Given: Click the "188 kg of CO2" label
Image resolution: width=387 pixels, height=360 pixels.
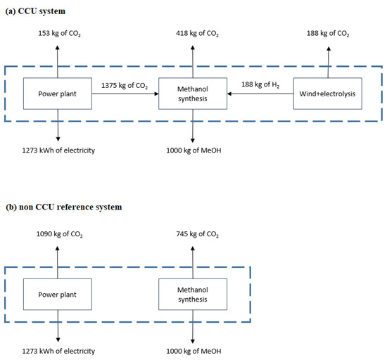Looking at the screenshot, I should click(x=327, y=34).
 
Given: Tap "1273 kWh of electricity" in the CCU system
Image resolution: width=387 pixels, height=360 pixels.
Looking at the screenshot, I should click(x=58, y=150).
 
